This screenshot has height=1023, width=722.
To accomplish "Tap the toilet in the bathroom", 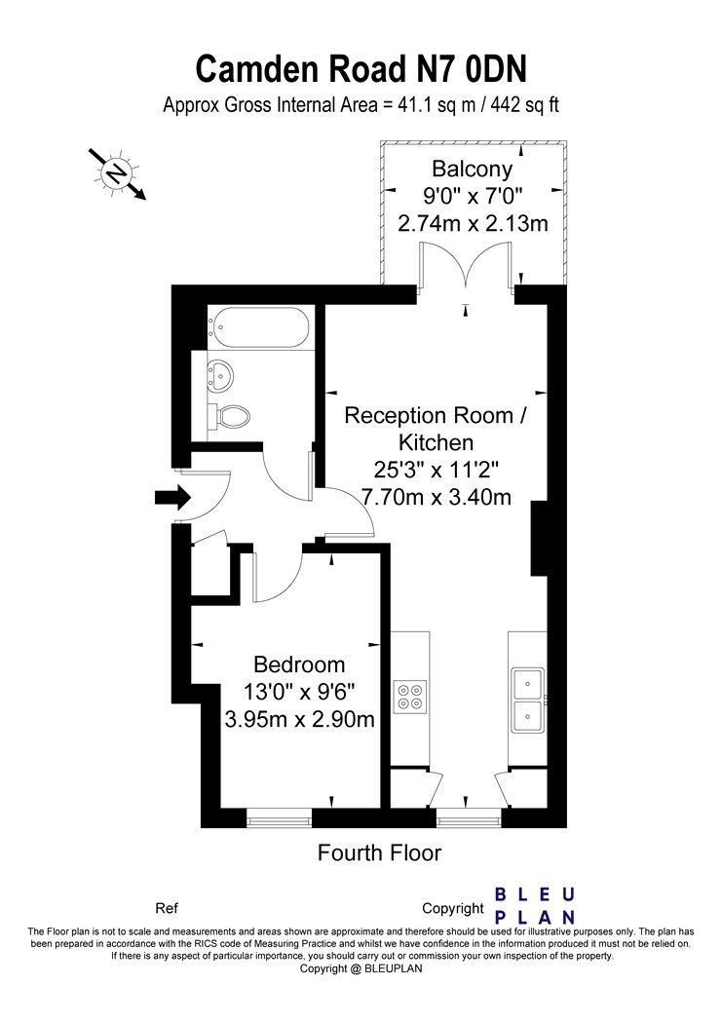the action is coord(229,416).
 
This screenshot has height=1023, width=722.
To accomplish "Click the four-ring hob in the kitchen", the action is coord(409,696).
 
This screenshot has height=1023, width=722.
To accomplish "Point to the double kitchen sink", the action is coord(528,700).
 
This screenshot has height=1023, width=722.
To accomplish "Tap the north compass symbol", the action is coord(117,173).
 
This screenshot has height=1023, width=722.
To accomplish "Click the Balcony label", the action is coord(473,169).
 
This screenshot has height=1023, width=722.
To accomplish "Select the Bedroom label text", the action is coord(299,664).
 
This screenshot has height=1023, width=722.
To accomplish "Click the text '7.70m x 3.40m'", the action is coord(436,497).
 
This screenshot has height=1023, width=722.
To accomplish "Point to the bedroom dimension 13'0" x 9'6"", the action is coord(299,691).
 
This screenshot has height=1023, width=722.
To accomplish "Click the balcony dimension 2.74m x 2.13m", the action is coord(473,223).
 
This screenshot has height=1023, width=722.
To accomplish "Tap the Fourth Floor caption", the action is coord(380,852).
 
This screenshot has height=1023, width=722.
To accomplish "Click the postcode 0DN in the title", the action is coord(495,68).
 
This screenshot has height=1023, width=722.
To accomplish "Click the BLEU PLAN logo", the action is coord(535,905).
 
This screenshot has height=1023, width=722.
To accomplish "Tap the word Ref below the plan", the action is coord(167,907).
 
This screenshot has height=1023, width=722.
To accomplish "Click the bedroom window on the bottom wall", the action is coord(279,817).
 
